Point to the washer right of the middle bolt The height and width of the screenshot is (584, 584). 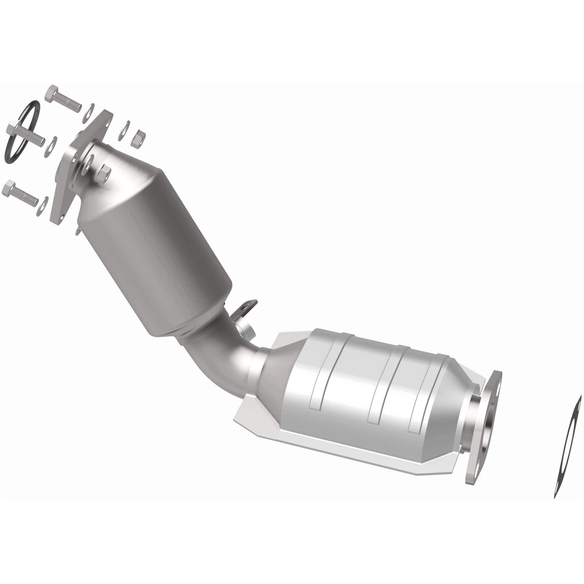pos(52,144)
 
